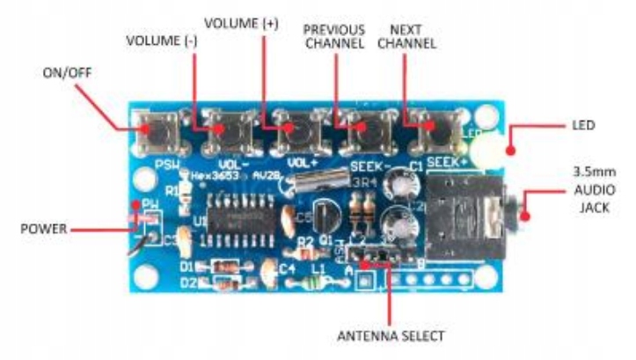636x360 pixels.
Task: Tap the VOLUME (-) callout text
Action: [x=158, y=40]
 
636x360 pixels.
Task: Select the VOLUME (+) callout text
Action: [x=241, y=20]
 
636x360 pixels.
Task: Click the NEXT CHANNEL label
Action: [x=406, y=34]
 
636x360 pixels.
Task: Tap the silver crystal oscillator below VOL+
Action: [x=312, y=184]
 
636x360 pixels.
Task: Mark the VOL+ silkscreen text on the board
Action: [x=303, y=163]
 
